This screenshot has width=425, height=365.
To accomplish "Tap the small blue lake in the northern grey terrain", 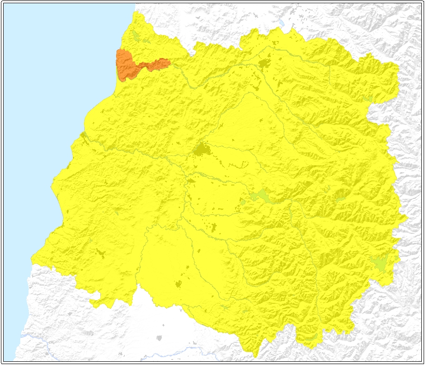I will coord(280,22).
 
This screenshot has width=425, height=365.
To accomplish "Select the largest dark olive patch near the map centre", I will coord(201,149).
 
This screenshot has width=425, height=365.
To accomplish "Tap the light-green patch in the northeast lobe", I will coord(367,98).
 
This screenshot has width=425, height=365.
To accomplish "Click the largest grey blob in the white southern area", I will coord(159,338).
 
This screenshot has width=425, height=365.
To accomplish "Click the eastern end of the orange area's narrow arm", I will coord(169,62).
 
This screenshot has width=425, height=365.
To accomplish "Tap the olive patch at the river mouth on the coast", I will coord(83,135).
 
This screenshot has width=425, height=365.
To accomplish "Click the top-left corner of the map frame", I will coord(2,2).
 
